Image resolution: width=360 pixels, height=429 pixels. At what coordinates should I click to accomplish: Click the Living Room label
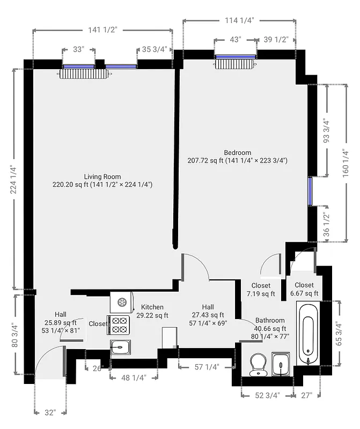click(102, 176)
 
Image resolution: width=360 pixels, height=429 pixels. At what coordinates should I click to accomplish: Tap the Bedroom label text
click(238, 153)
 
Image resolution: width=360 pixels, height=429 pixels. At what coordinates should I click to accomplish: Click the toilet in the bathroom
click(259, 364)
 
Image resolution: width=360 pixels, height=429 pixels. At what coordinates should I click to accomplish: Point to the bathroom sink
click(281, 364)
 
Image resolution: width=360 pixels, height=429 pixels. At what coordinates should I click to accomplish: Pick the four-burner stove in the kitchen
click(119, 326)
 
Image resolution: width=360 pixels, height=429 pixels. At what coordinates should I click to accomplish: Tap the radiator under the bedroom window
click(236, 64)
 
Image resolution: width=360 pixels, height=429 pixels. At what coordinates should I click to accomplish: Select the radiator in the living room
click(84, 73)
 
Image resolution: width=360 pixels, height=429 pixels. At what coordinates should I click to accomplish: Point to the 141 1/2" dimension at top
click(102, 30)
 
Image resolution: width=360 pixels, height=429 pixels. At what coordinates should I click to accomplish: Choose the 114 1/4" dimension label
click(239, 20)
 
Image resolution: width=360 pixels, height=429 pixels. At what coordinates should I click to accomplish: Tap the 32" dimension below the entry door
click(49, 412)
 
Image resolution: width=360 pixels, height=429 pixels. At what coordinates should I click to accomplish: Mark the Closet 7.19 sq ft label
click(260, 290)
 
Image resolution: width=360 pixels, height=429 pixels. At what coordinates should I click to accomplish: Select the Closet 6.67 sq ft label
click(304, 289)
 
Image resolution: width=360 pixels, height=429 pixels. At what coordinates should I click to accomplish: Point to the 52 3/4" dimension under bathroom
click(267, 396)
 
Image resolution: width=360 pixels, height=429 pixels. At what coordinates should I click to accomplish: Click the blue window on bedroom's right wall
click(310, 191)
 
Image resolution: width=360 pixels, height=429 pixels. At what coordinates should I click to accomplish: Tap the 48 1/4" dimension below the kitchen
click(134, 377)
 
